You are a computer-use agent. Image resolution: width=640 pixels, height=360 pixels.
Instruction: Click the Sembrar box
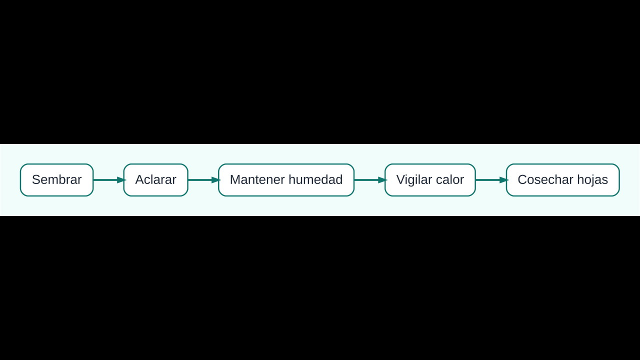click(56, 180)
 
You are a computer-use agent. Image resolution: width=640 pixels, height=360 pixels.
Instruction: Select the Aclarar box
click(155, 180)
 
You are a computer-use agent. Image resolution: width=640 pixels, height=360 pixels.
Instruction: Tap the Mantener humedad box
click(286, 180)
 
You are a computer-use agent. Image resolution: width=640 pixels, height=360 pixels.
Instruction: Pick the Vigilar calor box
click(430, 180)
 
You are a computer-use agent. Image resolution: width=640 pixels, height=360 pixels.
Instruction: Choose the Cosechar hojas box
click(563, 180)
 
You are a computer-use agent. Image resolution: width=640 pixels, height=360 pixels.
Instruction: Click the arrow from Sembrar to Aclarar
click(108, 180)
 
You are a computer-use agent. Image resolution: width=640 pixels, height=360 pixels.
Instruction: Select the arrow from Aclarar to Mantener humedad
click(203, 180)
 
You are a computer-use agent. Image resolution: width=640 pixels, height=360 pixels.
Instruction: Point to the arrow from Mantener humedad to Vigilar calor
click(369, 180)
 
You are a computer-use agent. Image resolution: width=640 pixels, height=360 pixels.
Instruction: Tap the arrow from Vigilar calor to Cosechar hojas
click(491, 180)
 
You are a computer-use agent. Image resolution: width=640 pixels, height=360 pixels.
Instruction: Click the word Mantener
click(257, 179)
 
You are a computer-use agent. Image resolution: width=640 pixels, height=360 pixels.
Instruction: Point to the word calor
click(450, 179)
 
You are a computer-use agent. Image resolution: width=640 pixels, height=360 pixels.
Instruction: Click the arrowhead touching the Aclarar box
click(121, 180)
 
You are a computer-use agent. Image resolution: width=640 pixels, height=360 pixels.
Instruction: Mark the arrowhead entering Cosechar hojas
click(504, 180)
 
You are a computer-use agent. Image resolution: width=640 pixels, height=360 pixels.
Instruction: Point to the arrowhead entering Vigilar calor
click(382, 180)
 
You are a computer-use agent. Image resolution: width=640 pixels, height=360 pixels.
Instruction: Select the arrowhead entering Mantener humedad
click(216, 180)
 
